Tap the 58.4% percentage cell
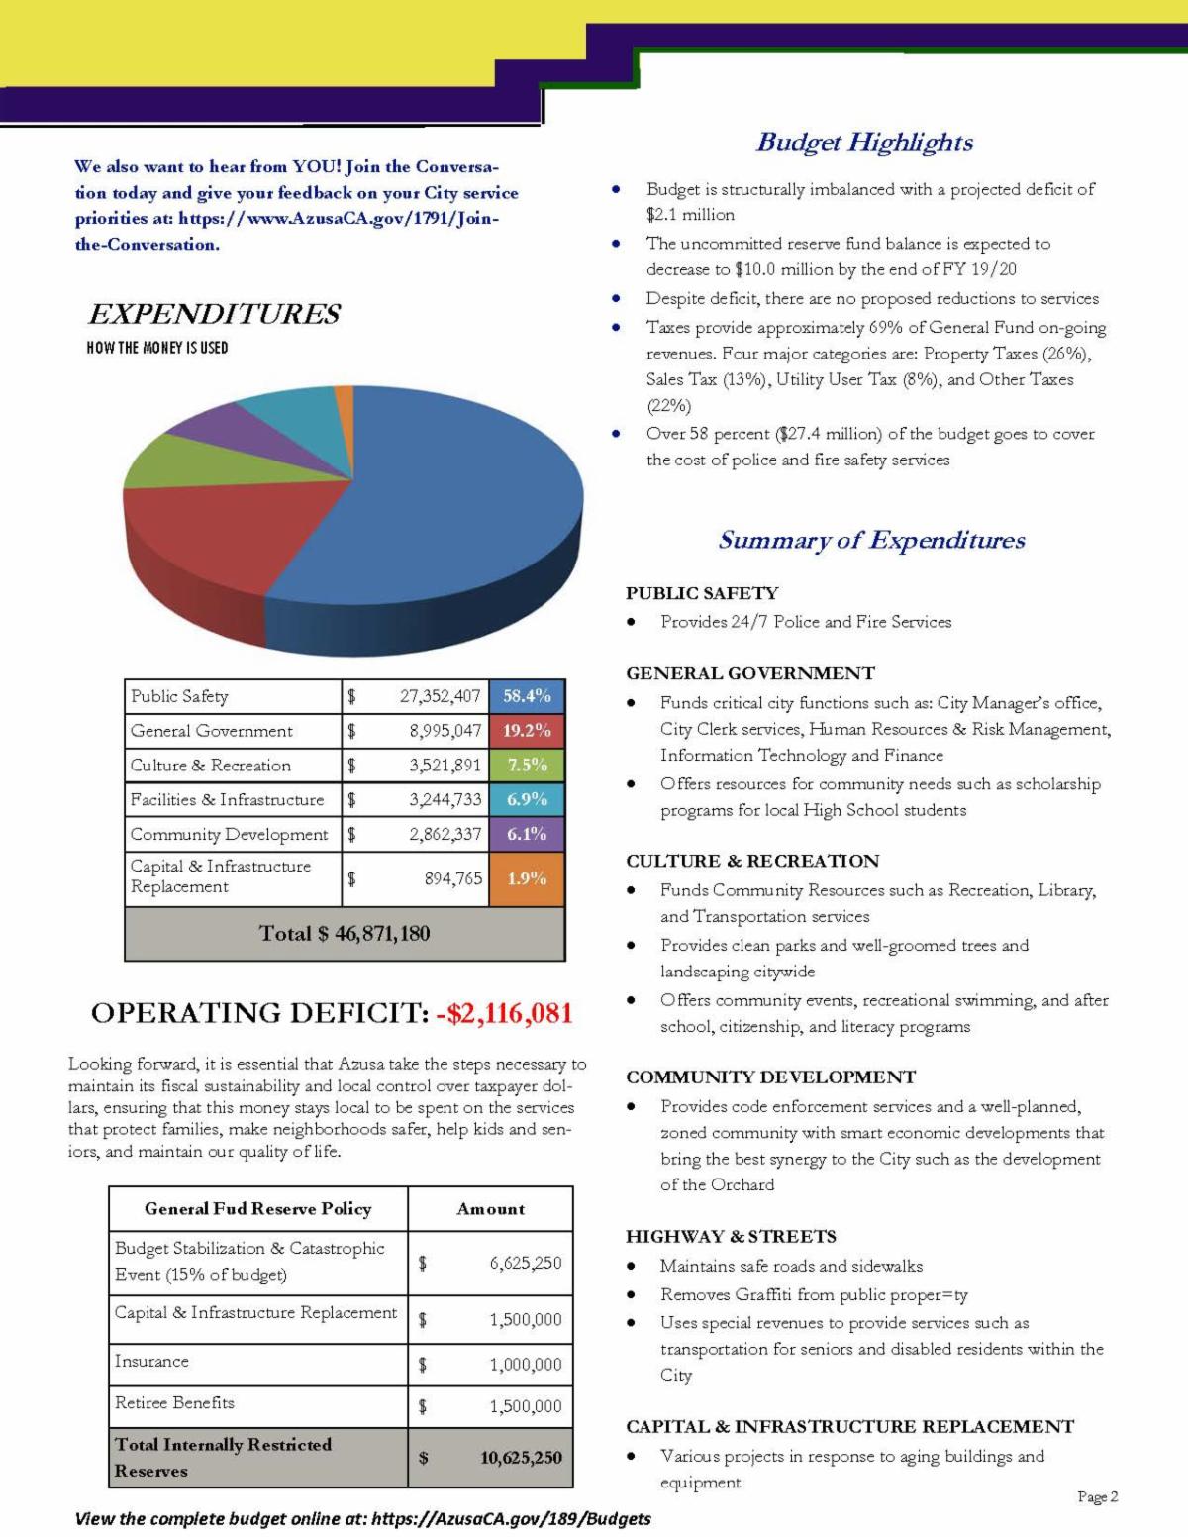click(527, 696)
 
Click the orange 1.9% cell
click(527, 878)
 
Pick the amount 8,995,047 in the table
click(445, 731)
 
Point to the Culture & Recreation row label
click(211, 766)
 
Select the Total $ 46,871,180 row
click(345, 933)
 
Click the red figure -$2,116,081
click(504, 1013)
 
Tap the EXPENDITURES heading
click(214, 314)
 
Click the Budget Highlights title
click(864, 142)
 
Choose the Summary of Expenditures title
click(871, 540)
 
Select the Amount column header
click(490, 1209)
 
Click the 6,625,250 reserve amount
click(525, 1263)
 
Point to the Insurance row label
click(151, 1361)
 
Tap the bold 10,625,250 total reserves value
click(521, 1458)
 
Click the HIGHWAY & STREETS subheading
click(731, 1236)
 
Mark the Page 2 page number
click(1098, 1496)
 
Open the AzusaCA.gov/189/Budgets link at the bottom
click(511, 1519)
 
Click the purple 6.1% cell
click(527, 834)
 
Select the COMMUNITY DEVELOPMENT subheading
click(770, 1077)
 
